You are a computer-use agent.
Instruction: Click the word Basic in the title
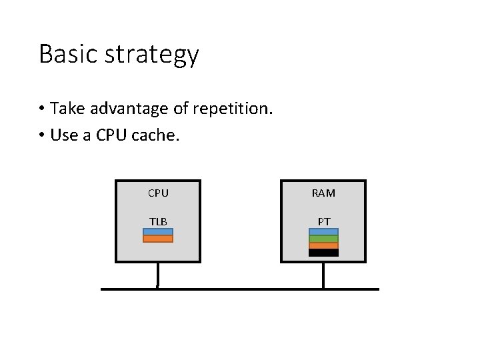(x=65, y=54)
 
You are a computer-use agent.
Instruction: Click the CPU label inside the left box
(x=158, y=193)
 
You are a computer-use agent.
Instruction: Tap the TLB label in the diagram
(x=158, y=221)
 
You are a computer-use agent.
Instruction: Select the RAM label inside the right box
(x=323, y=193)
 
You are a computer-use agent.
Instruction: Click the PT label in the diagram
(x=323, y=221)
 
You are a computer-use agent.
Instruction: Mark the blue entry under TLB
(x=158, y=232)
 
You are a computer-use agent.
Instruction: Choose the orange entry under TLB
(x=158, y=239)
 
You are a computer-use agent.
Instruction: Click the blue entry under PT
(x=323, y=232)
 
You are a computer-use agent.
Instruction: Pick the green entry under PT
(x=323, y=239)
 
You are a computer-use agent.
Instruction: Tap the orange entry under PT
(x=323, y=245)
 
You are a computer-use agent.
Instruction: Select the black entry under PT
(x=323, y=253)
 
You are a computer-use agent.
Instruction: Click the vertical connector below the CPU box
(x=158, y=275)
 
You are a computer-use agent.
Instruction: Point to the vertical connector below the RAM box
(x=323, y=275)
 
